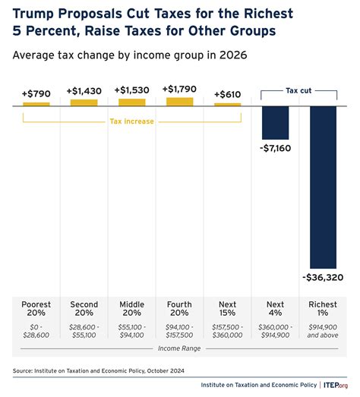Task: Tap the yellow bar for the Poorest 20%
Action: tap(36, 103)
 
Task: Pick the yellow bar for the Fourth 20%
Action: tap(179, 101)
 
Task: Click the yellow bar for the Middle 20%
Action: tap(131, 102)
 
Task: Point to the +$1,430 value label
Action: tap(84, 90)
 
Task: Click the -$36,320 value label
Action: tap(322, 278)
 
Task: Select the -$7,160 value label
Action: tap(274, 148)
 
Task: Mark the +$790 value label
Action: tap(36, 93)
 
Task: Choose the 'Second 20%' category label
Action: tap(84, 310)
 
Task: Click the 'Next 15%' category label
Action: tap(227, 310)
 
